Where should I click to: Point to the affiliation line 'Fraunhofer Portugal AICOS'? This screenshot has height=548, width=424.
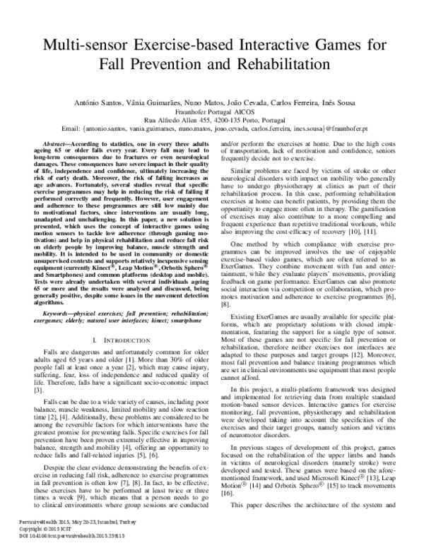coord(211,112)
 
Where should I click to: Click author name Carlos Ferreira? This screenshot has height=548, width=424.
coord(283,104)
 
